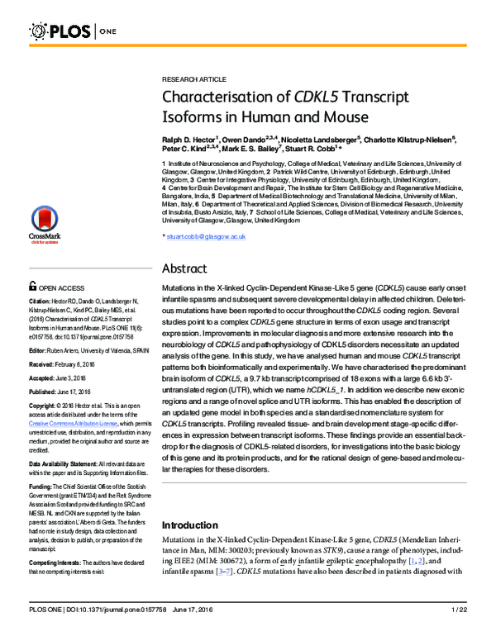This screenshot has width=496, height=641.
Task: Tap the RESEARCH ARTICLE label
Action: [193, 78]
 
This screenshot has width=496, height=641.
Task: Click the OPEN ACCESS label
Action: [58, 287]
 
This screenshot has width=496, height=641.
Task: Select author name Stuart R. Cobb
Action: [313, 151]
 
